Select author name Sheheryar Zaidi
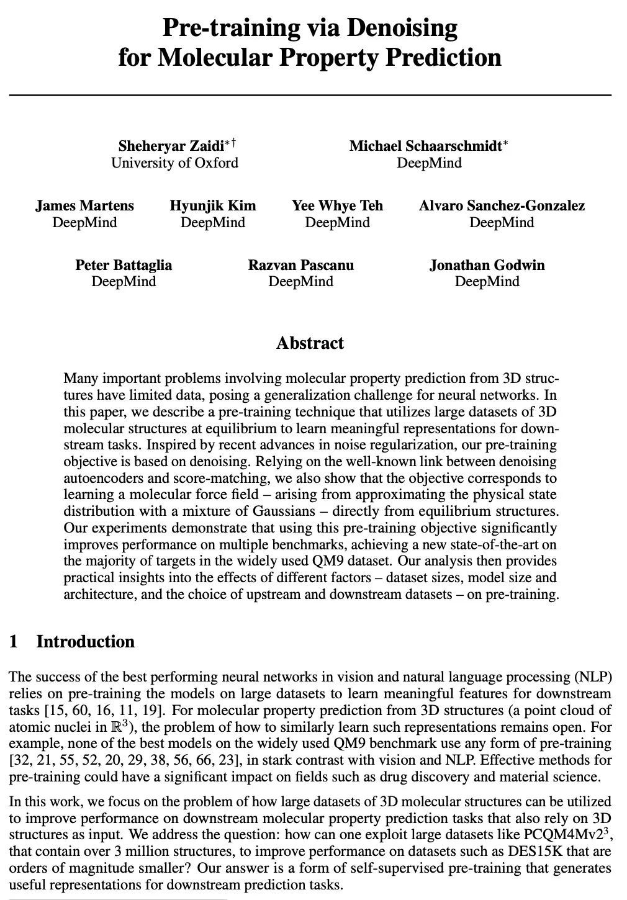click(171, 146)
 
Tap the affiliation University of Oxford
click(174, 163)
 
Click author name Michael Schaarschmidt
click(426, 146)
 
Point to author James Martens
click(84, 205)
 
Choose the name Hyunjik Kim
click(213, 205)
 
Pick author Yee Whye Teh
click(337, 205)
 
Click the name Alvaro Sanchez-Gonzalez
click(502, 205)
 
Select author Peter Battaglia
click(124, 265)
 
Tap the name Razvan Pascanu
click(300, 265)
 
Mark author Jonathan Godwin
click(487, 265)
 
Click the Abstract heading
click(310, 343)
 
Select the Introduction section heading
click(85, 641)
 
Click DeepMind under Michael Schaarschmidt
click(429, 163)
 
